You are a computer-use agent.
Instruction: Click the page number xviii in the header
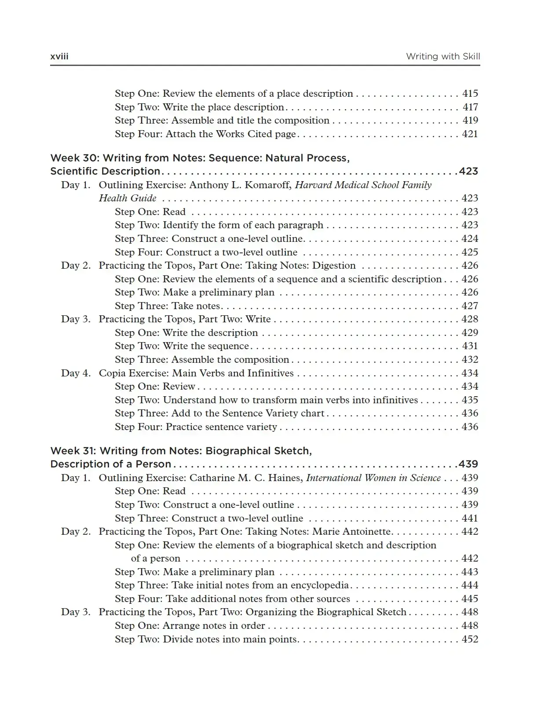(x=59, y=56)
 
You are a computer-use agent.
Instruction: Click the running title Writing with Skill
(x=442, y=56)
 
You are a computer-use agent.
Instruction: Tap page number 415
(x=470, y=94)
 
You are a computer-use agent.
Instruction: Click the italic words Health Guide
(x=128, y=198)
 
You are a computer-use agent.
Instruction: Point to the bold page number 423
(x=468, y=172)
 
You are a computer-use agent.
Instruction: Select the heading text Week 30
(x=73, y=158)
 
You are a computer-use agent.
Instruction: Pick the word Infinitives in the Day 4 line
(x=270, y=373)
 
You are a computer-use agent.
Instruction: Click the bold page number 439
(x=468, y=464)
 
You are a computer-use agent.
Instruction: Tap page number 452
(x=470, y=639)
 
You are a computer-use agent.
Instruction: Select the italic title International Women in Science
(x=373, y=478)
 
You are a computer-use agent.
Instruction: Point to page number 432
(x=470, y=360)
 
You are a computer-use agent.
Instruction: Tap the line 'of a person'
(x=156, y=558)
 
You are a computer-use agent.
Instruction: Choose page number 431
(x=470, y=346)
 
